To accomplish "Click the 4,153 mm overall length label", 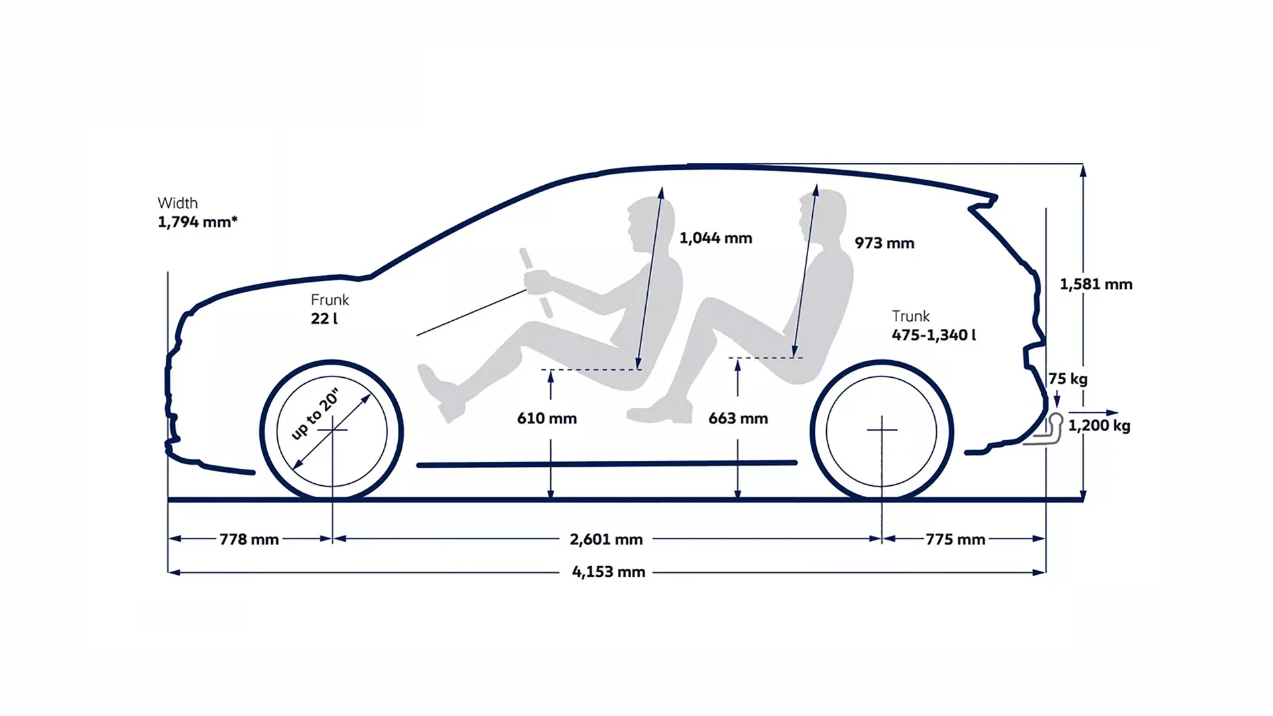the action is pos(609,571).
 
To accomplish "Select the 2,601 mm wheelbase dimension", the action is pos(606,539).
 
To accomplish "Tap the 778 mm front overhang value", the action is pos(249,539).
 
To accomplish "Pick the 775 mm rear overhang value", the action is pos(955,539).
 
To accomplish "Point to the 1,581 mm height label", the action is pos(1096,284).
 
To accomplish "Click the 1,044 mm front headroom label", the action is pos(716,238).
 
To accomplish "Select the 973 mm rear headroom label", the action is pos(884,243).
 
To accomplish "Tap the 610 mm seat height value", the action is pos(547,418).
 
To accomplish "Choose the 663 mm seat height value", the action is pos(738,418).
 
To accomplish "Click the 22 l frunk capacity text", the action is pos(324,318).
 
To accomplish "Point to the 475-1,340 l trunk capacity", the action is pos(934,335).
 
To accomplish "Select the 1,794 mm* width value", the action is pos(198,221).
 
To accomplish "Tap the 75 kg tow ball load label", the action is pos(1068,379).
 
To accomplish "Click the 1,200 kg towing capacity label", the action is pos(1099,426).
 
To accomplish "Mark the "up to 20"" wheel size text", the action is pos(316,414).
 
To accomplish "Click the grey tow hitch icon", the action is pos(1044,430).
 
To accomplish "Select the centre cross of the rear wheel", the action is pos(882,430).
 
